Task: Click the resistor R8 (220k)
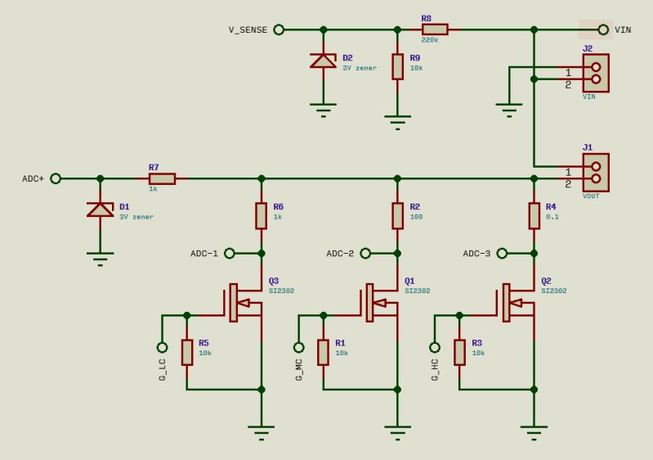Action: tap(435, 29)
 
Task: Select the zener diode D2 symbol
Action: tap(324, 61)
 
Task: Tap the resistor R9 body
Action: tap(397, 66)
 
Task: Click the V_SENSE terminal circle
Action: tap(279, 29)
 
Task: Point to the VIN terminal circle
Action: tap(603, 29)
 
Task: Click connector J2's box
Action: tap(596, 73)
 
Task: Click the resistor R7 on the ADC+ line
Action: tap(162, 178)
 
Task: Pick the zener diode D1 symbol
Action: tap(101, 210)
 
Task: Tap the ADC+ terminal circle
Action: tap(56, 178)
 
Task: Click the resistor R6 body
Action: tap(262, 216)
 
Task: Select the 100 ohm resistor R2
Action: tap(397, 216)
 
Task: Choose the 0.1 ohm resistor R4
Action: tap(534, 216)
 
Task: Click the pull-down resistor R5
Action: tap(187, 352)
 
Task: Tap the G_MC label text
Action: tap(299, 369)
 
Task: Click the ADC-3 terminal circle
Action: tap(502, 253)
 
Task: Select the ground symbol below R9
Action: tap(397, 123)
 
